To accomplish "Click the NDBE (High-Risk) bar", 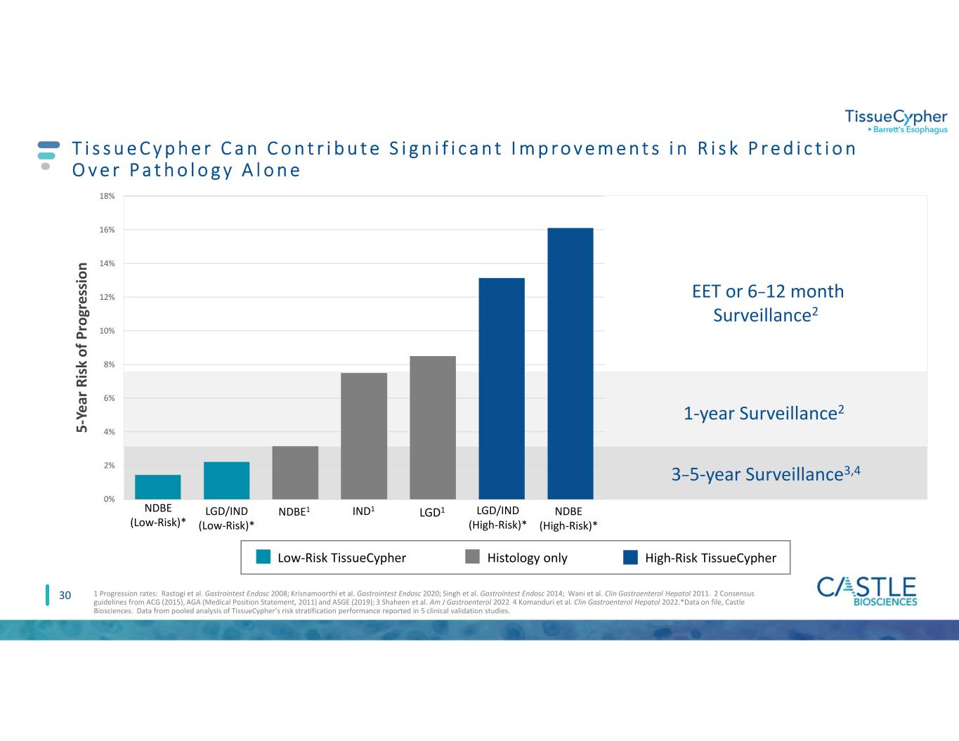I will click(570, 363).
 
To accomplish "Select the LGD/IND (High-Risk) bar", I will click(501, 388).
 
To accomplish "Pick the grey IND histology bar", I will click(364, 435).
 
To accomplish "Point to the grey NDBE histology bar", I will click(295, 472).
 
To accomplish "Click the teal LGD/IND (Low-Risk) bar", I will click(226, 480).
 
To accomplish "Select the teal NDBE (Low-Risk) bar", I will click(158, 487).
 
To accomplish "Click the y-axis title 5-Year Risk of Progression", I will click(83, 348).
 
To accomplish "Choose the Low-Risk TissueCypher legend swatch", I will click(263, 558).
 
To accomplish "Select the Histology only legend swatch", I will click(474, 558).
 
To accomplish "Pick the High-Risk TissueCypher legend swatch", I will click(631, 558).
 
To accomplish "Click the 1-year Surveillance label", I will click(763, 414).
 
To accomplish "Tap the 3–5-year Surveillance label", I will click(766, 475).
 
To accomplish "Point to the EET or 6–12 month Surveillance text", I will click(768, 303).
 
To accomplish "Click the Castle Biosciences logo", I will click(867, 591).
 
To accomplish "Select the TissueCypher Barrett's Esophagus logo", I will click(895, 121).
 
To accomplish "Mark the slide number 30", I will click(65, 596).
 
